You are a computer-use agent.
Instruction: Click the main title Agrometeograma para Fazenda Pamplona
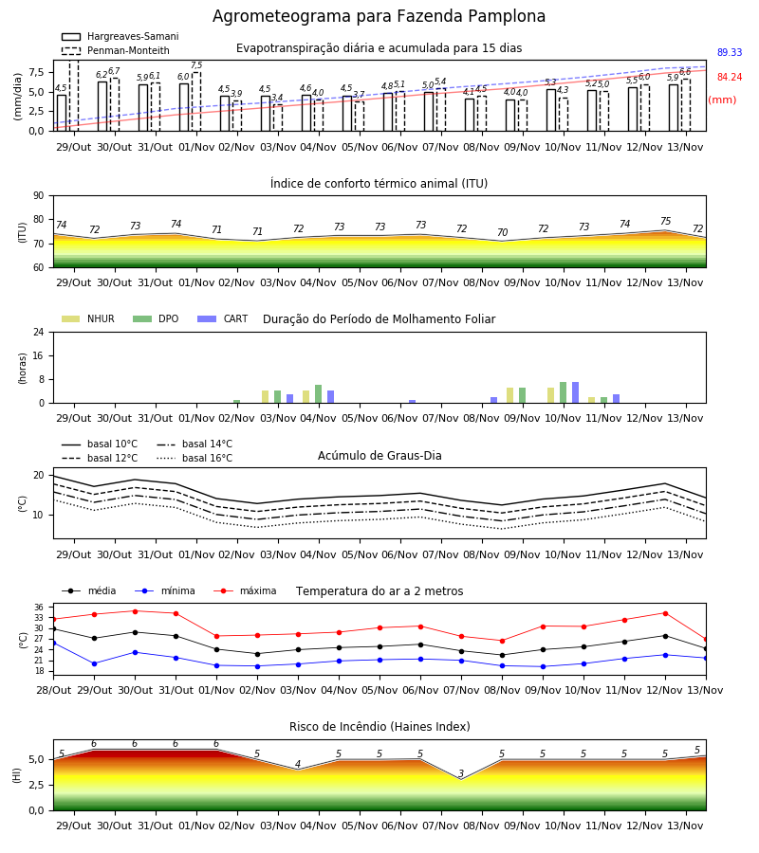coord(379,16)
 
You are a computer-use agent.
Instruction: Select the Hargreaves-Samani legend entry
coord(120,36)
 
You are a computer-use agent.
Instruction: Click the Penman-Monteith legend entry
coord(116,50)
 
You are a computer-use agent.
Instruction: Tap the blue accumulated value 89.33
coord(730,52)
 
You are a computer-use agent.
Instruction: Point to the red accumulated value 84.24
coord(730,78)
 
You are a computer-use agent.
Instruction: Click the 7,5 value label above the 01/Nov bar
coord(196,65)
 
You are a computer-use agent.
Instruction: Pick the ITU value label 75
coord(665,221)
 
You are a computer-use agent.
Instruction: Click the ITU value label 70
coord(502,232)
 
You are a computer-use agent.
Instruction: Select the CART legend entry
coord(223,318)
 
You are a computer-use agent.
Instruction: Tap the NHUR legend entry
coord(88,318)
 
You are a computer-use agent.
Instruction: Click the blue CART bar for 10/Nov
coord(576,392)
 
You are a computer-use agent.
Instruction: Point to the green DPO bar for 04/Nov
coord(319,394)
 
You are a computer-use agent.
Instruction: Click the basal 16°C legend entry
coord(194,458)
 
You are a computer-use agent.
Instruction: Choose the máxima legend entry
coord(245,590)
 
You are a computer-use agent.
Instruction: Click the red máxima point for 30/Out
coord(135,611)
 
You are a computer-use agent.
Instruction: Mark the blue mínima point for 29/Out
coord(94,663)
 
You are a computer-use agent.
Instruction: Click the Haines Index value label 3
coord(461,773)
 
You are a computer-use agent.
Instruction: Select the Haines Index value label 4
coord(298,764)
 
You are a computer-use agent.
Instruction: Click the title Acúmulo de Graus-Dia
coord(379,456)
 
